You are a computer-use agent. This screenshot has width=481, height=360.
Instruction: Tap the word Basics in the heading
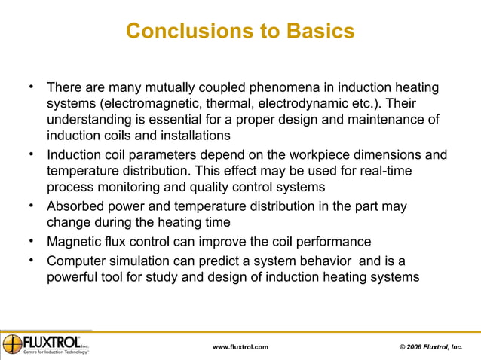click(x=319, y=32)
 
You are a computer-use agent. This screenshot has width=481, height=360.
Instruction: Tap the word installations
click(x=191, y=136)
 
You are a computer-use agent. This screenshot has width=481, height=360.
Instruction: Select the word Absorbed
click(x=74, y=206)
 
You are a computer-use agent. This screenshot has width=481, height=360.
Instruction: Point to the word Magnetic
click(x=73, y=242)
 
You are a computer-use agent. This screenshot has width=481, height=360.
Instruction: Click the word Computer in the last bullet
click(x=75, y=261)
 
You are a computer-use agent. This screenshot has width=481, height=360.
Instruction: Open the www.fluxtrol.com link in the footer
click(x=240, y=346)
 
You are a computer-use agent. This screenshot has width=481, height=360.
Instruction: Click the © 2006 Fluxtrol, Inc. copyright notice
click(x=431, y=346)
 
